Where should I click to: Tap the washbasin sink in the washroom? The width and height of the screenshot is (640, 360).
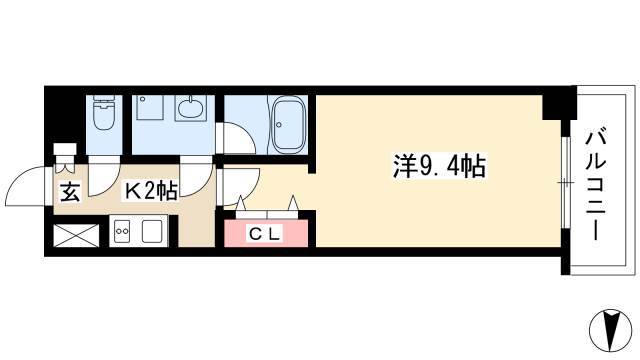[x=190, y=108]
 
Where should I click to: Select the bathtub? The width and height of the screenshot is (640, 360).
[x=288, y=124]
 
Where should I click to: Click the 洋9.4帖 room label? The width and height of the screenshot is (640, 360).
[x=439, y=166]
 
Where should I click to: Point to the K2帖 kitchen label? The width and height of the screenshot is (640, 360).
[x=151, y=191]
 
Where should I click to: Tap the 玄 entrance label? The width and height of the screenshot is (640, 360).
[x=70, y=192]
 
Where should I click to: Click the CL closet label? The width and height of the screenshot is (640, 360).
[x=264, y=234]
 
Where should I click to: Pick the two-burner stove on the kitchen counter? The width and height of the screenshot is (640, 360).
[x=122, y=231]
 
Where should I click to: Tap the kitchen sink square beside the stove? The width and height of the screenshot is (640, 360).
[x=152, y=232]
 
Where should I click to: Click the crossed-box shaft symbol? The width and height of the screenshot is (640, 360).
[x=76, y=235]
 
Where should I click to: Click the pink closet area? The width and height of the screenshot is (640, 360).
[x=266, y=233]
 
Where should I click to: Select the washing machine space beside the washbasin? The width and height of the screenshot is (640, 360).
[x=150, y=107]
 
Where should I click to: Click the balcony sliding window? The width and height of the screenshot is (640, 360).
[x=565, y=182]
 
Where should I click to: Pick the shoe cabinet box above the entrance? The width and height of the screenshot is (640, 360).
[x=65, y=149]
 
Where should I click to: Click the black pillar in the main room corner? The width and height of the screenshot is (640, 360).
[x=558, y=104]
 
